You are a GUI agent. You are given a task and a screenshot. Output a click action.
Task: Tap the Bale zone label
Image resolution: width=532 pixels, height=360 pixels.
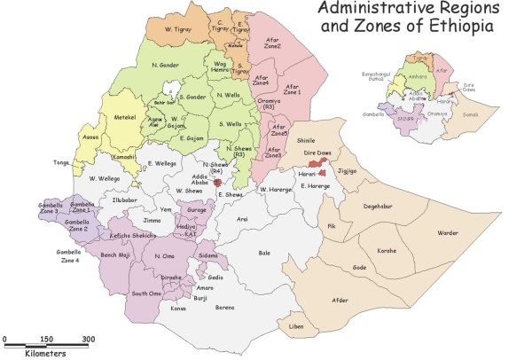pos(263,253)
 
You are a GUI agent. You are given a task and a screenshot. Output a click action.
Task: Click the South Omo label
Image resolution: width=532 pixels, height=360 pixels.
pos(145,293)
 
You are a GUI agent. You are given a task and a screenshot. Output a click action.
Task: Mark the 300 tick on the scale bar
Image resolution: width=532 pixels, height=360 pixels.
pos(89,339)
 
